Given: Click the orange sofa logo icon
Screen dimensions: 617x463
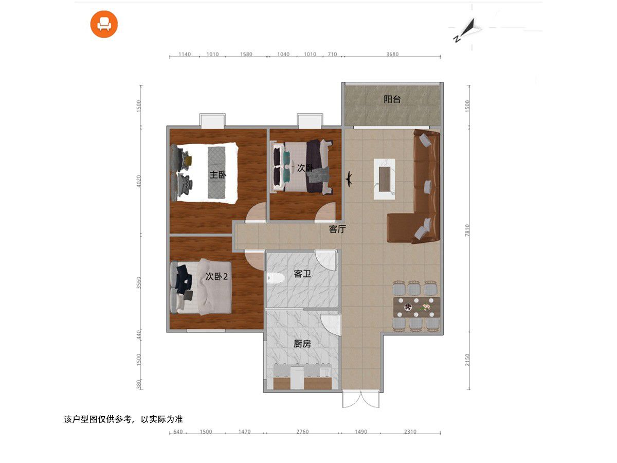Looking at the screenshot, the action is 104,24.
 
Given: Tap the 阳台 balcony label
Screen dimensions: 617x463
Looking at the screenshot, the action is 392,99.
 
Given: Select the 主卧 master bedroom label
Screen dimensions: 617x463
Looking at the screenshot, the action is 218,175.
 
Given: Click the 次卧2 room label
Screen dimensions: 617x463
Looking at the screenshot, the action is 216,276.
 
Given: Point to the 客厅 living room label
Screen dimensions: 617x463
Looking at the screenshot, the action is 337,229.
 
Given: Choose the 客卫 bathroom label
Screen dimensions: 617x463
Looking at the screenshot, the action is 302,274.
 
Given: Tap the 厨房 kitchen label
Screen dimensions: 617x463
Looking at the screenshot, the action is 302,344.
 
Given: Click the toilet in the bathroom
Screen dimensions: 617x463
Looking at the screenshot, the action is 276,278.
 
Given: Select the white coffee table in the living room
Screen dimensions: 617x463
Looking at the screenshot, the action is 384,179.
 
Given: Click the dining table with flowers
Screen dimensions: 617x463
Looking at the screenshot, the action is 416,307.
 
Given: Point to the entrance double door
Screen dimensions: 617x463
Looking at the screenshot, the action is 360,399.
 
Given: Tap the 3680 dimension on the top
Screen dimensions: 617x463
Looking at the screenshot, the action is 392,54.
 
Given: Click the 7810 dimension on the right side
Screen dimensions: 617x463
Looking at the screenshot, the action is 467,230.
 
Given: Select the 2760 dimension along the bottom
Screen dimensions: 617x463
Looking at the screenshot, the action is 302,432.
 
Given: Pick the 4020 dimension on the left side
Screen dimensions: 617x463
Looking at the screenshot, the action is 138,181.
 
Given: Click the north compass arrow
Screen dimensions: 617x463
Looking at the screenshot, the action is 467,29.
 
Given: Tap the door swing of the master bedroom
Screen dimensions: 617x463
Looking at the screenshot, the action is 256,212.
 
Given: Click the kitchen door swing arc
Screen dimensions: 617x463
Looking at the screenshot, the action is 331,325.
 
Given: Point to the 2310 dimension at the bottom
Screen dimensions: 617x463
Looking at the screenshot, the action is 410,432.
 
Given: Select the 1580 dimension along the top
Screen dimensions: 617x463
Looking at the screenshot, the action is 246,54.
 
